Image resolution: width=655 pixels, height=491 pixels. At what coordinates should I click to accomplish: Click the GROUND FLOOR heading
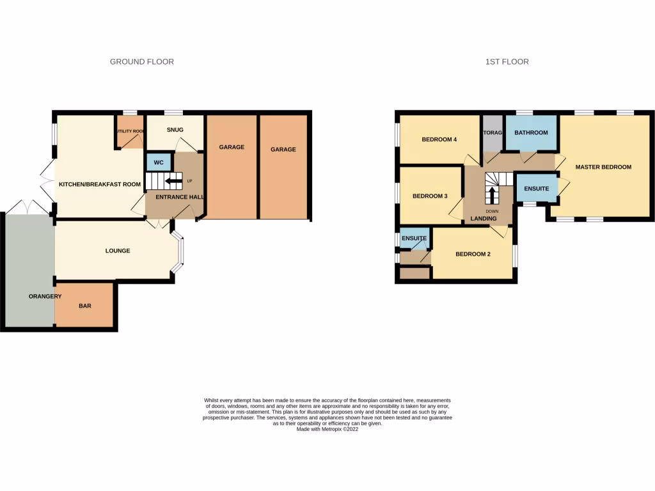(141, 62)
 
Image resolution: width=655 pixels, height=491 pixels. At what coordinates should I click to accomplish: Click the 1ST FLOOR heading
(507, 62)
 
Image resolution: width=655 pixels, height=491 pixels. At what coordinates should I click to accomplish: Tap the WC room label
(158, 162)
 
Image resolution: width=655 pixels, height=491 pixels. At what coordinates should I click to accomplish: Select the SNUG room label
(175, 130)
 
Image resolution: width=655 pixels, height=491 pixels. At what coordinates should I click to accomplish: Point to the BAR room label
(84, 306)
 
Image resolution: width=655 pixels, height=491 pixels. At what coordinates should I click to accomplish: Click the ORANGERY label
(45, 296)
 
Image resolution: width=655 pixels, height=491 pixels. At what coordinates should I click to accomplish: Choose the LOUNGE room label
(118, 251)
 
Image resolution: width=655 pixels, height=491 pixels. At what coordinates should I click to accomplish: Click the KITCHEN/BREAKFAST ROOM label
(99, 185)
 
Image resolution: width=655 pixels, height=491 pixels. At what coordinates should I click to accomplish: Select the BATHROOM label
(531, 133)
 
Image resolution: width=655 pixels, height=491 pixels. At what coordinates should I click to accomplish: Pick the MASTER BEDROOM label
(603, 168)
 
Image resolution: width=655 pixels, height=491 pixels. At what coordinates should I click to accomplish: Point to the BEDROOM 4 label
(439, 140)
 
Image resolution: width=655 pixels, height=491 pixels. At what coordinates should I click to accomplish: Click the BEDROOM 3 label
(429, 196)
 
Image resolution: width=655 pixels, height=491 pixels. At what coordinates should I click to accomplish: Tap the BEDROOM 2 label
(473, 254)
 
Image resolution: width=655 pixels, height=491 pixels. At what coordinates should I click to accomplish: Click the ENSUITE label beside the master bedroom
(535, 189)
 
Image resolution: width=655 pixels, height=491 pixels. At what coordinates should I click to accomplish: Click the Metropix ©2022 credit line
(327, 430)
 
